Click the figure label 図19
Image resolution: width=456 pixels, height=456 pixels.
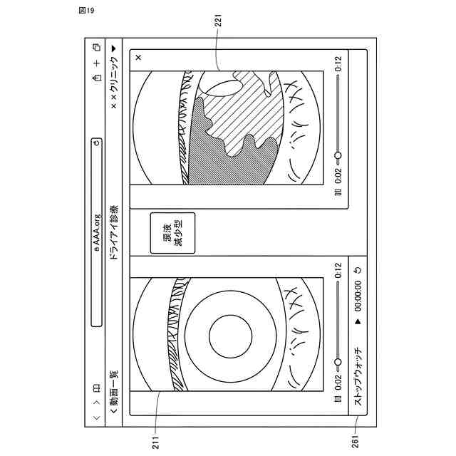click(x=86, y=11)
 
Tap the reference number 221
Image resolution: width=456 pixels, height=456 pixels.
click(x=219, y=21)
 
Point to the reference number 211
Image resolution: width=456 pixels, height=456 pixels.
click(x=155, y=442)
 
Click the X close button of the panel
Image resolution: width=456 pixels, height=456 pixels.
click(x=138, y=57)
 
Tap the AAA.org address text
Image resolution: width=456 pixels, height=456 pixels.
click(x=97, y=233)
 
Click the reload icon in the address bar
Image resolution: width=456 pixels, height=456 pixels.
click(x=97, y=143)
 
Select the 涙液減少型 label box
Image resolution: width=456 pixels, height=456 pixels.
click(x=172, y=233)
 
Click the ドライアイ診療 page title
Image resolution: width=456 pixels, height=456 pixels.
click(x=114, y=232)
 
